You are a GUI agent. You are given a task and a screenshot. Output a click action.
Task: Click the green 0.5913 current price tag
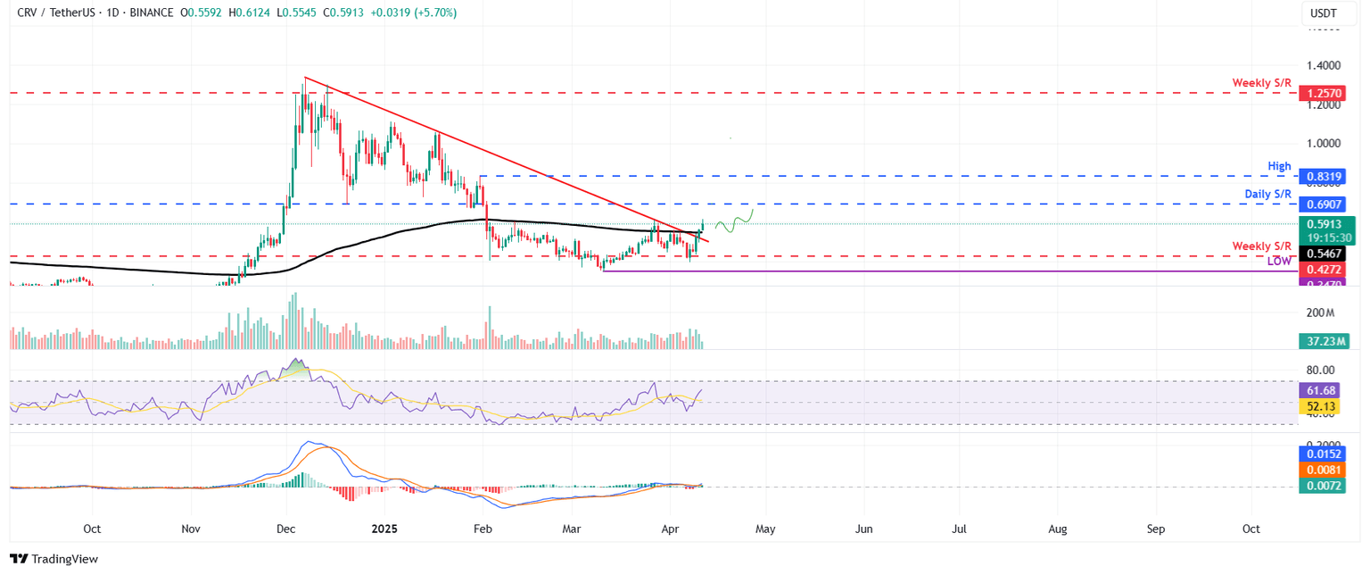[x=1324, y=224]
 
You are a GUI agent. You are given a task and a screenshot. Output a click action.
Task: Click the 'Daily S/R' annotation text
[x=1268, y=194]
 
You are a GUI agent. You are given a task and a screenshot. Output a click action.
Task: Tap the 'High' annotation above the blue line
[x=1280, y=166]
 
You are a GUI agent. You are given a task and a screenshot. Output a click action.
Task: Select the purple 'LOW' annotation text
[x=1279, y=262]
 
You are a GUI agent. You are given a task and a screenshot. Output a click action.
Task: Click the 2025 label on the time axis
[x=384, y=529]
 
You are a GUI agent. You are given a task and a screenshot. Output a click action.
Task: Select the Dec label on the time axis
[x=286, y=529]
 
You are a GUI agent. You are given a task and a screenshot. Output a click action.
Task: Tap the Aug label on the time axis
[x=1057, y=529]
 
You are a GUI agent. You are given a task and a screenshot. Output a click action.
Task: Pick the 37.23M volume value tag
[x=1324, y=341]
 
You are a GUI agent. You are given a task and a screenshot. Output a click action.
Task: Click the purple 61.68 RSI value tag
[x=1321, y=390]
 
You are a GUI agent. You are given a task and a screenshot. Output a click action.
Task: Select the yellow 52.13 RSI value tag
[x=1321, y=404]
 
